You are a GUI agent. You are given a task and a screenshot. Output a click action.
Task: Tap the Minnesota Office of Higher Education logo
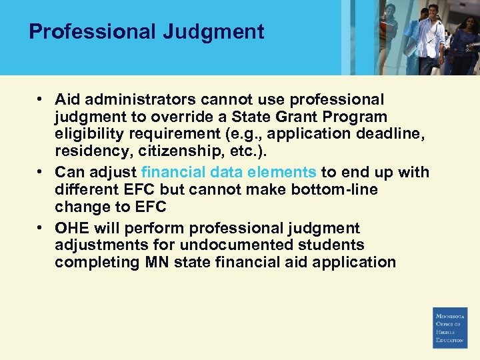coord(450,327)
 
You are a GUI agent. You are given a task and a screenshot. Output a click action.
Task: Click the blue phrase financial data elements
coord(229,172)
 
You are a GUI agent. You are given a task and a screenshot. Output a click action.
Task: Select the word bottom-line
coord(333,190)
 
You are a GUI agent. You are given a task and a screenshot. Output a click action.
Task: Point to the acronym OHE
coord(72,228)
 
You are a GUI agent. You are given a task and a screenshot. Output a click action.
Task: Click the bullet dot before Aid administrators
coord(41,99)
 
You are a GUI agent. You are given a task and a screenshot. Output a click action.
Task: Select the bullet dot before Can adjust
coord(41,171)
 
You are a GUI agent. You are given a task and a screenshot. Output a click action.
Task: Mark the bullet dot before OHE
coord(41,227)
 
